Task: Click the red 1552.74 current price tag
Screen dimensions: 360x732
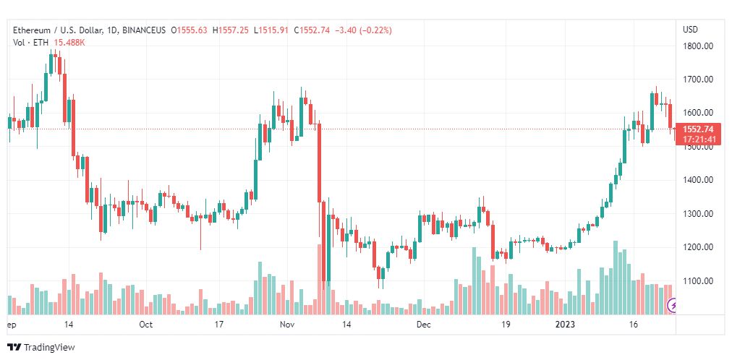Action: (698, 129)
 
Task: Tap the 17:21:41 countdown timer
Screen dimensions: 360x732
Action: (699, 139)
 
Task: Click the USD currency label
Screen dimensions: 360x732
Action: (690, 30)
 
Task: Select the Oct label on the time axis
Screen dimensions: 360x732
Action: (146, 325)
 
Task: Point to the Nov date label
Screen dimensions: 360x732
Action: (288, 325)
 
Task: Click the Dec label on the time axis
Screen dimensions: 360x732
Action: (424, 325)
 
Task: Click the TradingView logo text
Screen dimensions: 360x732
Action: (49, 347)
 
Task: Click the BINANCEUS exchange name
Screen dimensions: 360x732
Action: (144, 30)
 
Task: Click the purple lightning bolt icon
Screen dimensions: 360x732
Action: (673, 306)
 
